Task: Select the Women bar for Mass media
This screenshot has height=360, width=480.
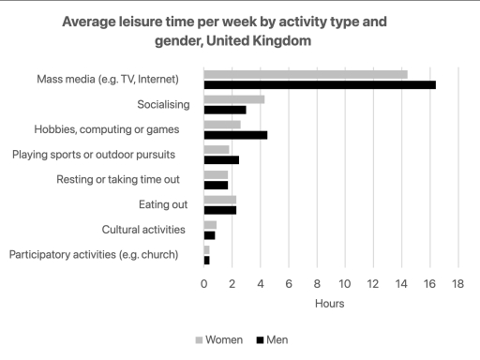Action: pos(306,74)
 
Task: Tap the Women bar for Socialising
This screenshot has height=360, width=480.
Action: pos(234,99)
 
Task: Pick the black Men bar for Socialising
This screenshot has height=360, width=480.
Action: pos(225,110)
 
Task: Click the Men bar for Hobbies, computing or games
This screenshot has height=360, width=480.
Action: pos(236,135)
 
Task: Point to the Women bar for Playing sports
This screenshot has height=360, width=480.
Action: pos(217,149)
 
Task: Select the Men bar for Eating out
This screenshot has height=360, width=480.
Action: pos(220,210)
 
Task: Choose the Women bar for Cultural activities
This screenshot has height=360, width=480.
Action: pos(210,225)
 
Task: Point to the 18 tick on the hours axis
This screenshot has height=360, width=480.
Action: pos(458,284)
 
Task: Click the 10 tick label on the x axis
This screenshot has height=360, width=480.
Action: pos(345,284)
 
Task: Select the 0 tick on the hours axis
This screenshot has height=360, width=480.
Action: pos(204,284)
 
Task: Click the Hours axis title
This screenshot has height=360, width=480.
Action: pos(329,304)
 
